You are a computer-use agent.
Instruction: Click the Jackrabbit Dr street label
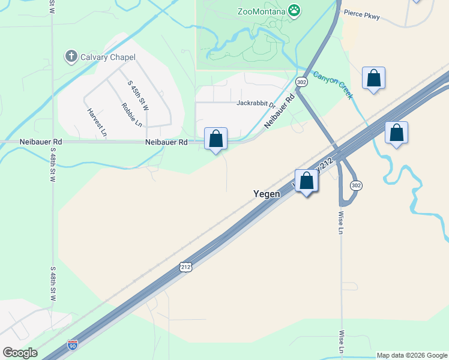coord(255,103)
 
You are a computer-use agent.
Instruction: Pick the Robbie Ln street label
coord(131,115)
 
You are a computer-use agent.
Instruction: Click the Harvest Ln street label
coord(97,121)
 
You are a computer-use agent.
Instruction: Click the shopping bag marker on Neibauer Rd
coord(216,139)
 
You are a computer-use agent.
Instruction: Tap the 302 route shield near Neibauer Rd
coord(301,82)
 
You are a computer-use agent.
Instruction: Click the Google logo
coord(20,353)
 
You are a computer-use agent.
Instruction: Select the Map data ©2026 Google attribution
coord(412,355)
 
